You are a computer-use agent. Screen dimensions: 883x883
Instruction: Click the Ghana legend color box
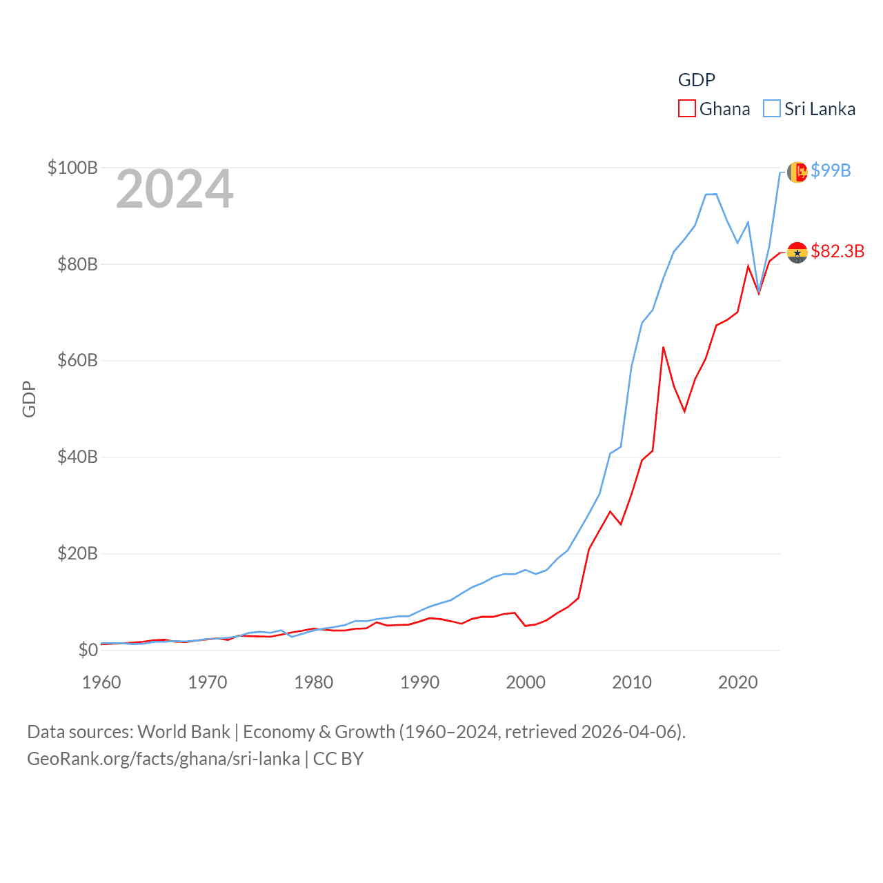pos(687,109)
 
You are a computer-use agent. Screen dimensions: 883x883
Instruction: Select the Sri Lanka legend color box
pos(772,109)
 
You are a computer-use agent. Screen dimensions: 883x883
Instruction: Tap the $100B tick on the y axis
pos(72,168)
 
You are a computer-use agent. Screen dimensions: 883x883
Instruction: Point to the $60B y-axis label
pos(77,360)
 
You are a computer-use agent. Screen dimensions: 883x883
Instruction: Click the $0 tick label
pos(88,650)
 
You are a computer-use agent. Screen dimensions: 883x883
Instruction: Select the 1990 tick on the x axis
pos(419,682)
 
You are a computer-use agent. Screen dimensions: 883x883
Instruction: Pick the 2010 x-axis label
pos(632,682)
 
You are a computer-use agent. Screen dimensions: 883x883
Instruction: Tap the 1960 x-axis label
pos(101,682)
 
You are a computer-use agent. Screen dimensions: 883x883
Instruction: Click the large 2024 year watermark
pos(175,189)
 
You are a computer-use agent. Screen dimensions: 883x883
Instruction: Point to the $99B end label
pos(831,170)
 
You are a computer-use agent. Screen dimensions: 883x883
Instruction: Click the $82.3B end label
pos(837,251)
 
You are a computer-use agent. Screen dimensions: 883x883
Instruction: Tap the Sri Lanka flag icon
pos(797,172)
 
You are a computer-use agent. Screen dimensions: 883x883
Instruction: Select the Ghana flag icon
pos(797,252)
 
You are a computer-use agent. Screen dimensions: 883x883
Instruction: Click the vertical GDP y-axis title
pos(29,399)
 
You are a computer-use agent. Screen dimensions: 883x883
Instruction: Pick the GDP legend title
pos(697,80)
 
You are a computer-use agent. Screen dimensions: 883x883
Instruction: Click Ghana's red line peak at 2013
pos(664,347)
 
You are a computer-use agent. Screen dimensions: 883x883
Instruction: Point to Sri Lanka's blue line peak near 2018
pos(716,194)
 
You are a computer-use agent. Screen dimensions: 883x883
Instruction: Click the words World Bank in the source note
pos(184,731)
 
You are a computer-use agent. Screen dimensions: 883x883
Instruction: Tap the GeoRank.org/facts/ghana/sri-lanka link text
pos(163,759)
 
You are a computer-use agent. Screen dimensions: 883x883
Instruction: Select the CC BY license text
pos(338,759)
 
